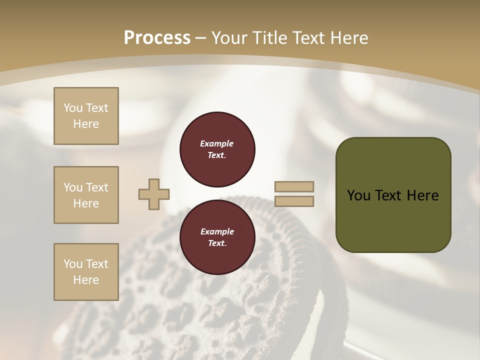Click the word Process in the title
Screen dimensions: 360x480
(157, 38)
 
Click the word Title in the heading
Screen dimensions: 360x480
(269, 38)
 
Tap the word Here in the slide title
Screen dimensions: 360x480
(349, 38)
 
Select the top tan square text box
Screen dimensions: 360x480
(86, 116)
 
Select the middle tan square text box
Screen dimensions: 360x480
(86, 195)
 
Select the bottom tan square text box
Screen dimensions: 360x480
(86, 272)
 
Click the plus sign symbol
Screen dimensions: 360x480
(154, 194)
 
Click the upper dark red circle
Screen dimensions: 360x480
(217, 149)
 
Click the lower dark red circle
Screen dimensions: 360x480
(217, 237)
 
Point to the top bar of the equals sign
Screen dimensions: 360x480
(294, 186)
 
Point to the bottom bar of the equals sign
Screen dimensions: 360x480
(294, 201)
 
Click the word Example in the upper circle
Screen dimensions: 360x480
(217, 143)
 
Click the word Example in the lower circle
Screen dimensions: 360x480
(217, 231)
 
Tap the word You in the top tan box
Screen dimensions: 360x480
(72, 108)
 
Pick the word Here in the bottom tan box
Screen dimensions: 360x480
(86, 280)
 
